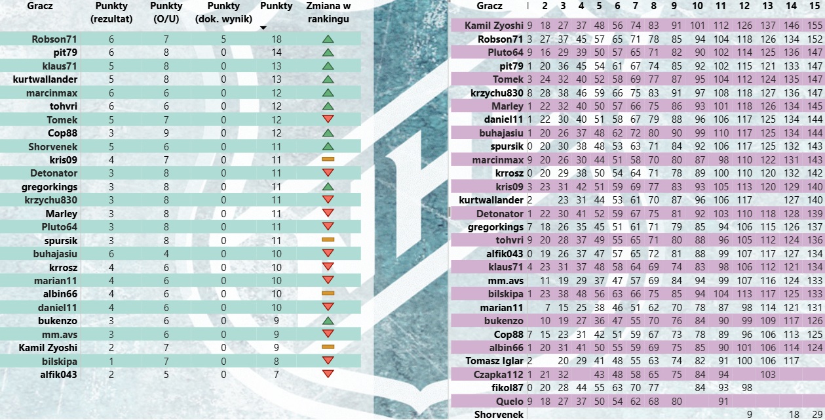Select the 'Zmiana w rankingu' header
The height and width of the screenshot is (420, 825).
click(x=328, y=12)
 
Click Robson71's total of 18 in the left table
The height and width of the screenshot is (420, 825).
click(x=276, y=39)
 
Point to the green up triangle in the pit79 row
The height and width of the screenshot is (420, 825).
click(x=328, y=52)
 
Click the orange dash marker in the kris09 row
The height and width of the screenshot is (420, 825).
click(x=328, y=159)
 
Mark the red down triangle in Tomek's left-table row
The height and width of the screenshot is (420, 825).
click(x=328, y=119)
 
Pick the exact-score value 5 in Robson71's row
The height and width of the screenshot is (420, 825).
click(x=223, y=39)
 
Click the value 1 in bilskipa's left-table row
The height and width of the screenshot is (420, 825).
click(x=111, y=361)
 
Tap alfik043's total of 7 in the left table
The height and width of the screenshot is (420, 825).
click(x=276, y=374)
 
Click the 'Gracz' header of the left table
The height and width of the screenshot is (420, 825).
click(x=40, y=6)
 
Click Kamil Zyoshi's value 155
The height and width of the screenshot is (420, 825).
click(x=815, y=26)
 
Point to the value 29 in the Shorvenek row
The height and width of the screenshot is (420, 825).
click(x=815, y=415)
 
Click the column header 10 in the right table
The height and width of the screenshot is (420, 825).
click(x=697, y=6)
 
